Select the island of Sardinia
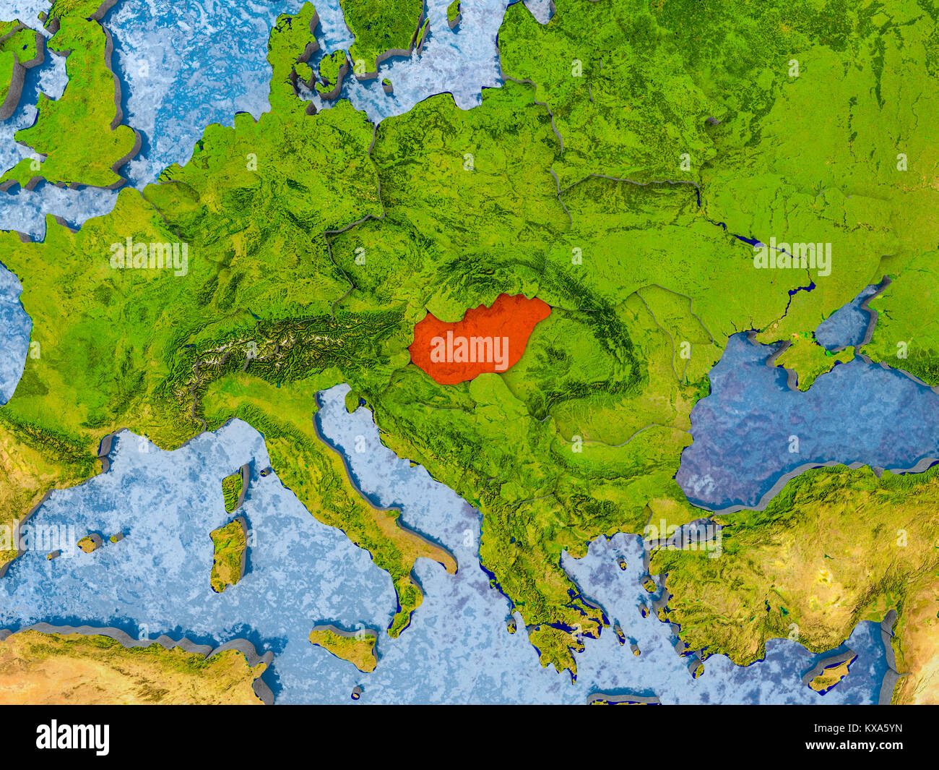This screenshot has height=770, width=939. point(229,553)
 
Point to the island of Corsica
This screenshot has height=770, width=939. point(233,489)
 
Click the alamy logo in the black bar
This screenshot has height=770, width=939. point(72,737)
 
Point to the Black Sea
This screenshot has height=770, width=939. point(795,427)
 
